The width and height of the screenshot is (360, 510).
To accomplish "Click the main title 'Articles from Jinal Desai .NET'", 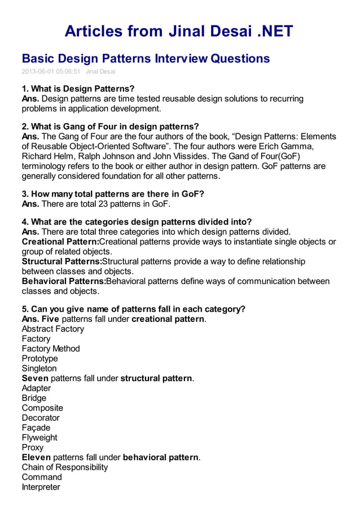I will pos(179,30).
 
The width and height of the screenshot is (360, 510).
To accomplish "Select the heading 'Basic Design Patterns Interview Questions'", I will pos(146,58).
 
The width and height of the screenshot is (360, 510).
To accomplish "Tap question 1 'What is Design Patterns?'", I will pos(78,89).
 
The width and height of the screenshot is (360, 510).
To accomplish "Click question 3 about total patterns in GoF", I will pos(113,194).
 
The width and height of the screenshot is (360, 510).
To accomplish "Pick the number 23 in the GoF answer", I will pos(96,204).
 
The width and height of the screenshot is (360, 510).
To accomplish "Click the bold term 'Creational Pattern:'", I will pos(60,242).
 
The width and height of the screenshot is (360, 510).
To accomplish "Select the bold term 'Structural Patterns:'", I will pos(62,261).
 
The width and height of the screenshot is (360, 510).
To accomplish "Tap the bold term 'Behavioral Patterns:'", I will pos(63,281).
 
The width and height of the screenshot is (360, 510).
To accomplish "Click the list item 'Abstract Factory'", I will pos(52,329).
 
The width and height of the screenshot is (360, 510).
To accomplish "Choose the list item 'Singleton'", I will pos(39,368).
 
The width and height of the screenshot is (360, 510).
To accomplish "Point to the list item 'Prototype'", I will pos(39,359).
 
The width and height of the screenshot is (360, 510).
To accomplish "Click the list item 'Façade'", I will pos(36,428).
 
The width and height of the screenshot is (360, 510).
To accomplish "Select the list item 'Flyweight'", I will pos(39,438).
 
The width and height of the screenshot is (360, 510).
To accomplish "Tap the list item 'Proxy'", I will pos(32,447).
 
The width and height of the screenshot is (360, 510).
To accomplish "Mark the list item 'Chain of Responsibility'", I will pos(64,467).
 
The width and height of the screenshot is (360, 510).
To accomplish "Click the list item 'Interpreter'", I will pos(41,487).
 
